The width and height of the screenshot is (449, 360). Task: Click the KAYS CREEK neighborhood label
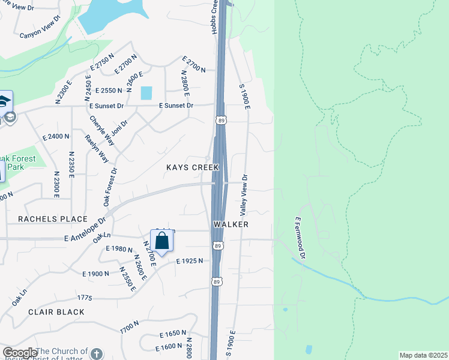(x=193, y=167)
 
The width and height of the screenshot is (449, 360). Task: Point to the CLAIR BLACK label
(x=56, y=312)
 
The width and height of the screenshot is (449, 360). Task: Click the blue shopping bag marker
(x=162, y=241)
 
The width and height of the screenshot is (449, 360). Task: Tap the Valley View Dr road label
(x=244, y=195)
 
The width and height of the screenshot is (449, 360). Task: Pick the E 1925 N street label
(x=190, y=260)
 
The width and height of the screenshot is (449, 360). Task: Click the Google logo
(x=20, y=353)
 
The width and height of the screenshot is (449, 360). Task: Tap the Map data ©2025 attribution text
(x=423, y=355)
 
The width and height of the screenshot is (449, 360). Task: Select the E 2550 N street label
(x=105, y=90)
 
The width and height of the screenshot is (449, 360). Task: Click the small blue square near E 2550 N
(x=146, y=92)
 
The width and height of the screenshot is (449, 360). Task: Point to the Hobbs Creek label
(x=214, y=17)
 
